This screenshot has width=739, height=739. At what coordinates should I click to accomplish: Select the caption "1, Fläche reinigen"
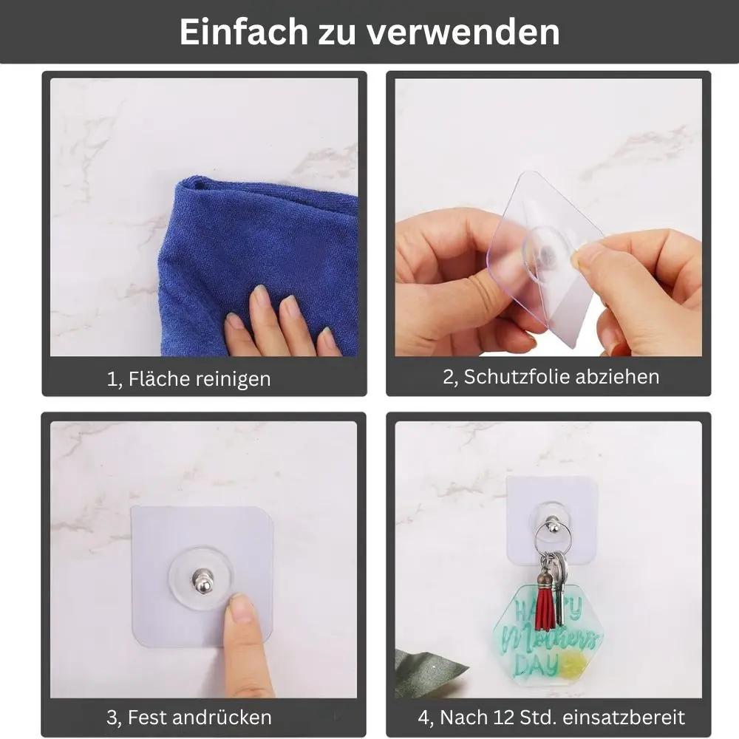[x=189, y=379]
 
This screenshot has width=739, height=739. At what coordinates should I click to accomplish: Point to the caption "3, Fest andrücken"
[x=189, y=717]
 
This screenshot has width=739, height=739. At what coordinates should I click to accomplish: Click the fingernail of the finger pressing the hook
[x=241, y=610]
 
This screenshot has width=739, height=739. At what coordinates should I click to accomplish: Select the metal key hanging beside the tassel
[x=560, y=591]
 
